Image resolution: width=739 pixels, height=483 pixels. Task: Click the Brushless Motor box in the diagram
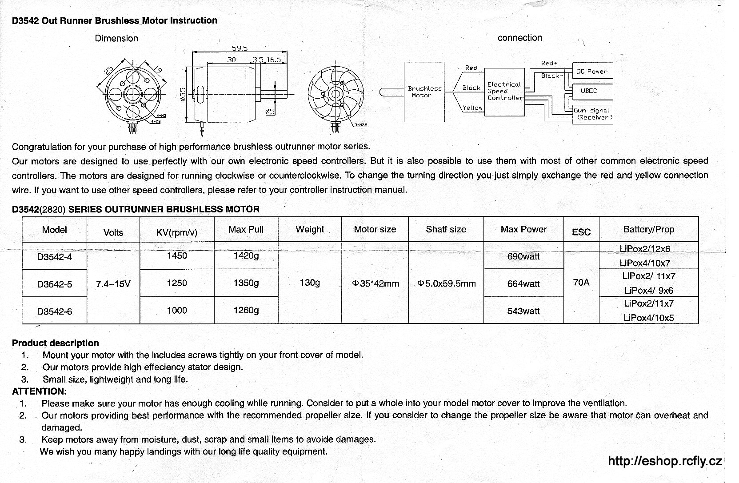424,92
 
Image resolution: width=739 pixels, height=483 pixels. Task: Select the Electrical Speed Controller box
504,92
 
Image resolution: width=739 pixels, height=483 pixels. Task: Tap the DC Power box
592,71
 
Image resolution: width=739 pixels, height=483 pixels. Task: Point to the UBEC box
592,91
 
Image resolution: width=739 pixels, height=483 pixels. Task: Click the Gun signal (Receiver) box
593,114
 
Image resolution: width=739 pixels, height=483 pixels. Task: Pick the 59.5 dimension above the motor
240,48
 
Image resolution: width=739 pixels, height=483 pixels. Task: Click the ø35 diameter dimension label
183,95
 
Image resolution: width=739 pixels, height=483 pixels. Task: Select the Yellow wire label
472,108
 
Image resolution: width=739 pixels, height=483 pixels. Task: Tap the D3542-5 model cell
55,284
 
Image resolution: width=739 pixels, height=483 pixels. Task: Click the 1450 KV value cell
177,255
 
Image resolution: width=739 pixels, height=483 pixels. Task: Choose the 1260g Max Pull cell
246,310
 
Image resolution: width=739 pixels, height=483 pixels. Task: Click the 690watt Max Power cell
523,256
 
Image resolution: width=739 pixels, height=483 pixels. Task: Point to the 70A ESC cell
581,282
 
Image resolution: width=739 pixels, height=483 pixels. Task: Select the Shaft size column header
446,229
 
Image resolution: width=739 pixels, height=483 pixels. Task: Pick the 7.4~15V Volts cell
113,283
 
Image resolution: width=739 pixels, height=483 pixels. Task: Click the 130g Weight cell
310,283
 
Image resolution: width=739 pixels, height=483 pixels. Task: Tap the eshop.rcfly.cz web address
664,461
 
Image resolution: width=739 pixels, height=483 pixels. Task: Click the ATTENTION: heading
40,391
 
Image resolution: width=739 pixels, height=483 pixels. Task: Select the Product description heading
56,343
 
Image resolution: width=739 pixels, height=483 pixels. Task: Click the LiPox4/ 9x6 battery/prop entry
649,291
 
